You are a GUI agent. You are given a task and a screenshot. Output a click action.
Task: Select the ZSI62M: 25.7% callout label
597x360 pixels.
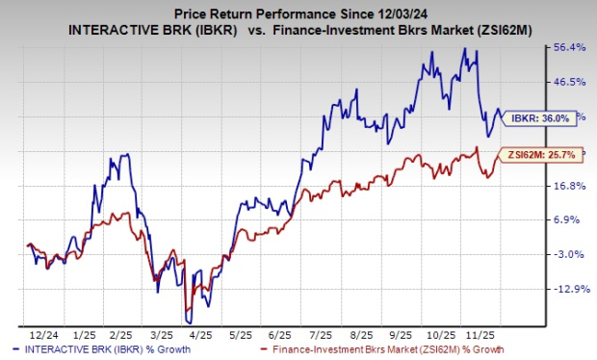[541, 154]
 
